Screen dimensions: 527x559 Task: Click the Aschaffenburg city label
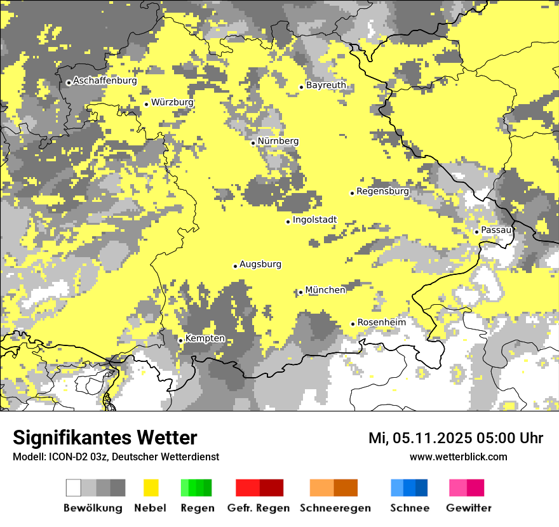(x=105, y=81)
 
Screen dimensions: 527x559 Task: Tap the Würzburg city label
(x=172, y=102)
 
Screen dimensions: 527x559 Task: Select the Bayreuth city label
(x=326, y=85)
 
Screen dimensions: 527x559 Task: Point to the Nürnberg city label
(x=278, y=141)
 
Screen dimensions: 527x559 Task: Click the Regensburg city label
(x=382, y=191)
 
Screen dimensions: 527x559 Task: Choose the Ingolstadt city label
(x=314, y=220)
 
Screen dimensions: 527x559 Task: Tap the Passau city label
(x=496, y=230)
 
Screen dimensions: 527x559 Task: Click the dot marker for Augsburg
(x=235, y=266)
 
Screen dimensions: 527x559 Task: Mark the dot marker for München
(x=300, y=292)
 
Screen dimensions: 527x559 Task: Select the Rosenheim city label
(x=381, y=323)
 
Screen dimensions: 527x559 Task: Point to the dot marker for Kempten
(x=180, y=340)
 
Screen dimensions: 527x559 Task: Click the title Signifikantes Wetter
(x=105, y=437)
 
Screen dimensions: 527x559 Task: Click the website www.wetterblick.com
(x=458, y=457)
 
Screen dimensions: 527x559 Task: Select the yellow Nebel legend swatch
(x=151, y=488)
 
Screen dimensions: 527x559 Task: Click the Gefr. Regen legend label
(x=259, y=508)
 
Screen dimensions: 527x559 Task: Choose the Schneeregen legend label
(x=335, y=508)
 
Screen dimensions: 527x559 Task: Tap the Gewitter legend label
(x=469, y=508)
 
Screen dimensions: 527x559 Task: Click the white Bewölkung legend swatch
(x=74, y=488)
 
